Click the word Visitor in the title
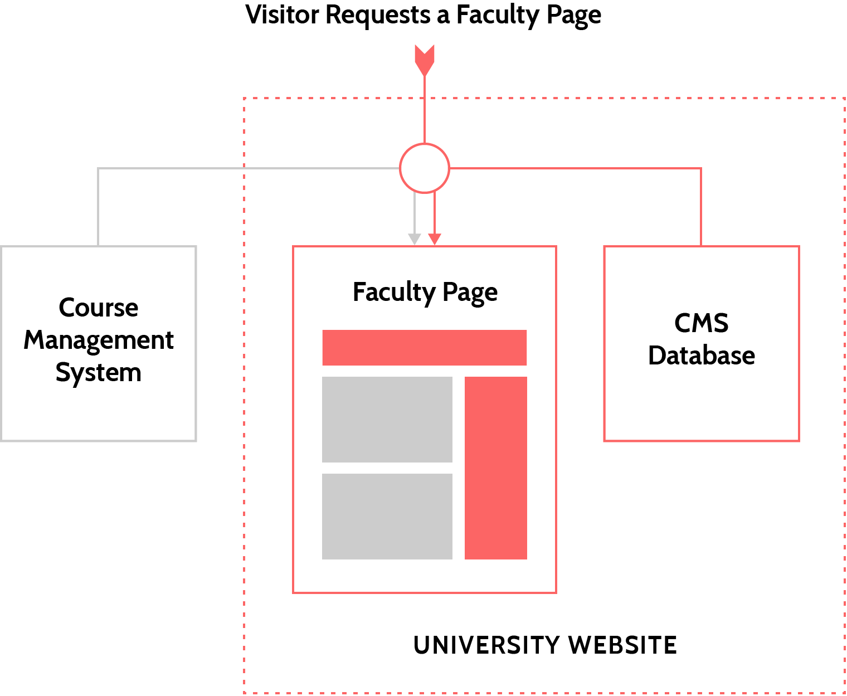283,15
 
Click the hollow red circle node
425,168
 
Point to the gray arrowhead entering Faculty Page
415,239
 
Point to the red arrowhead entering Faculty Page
435,239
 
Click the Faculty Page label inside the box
425,293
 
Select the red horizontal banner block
425,348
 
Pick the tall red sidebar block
496,468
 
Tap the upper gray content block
387,420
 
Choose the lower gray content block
387,517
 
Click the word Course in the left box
99,308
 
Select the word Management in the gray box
99,340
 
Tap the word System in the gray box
99,372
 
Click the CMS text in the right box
702,323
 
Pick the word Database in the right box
702,356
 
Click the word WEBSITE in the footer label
622,645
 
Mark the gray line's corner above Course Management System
99,168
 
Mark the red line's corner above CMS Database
701,168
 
